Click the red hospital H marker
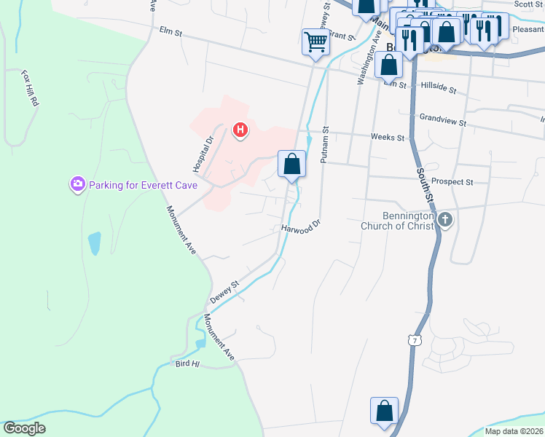(x=240, y=131)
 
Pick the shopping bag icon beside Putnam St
(x=291, y=164)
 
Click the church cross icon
(x=445, y=220)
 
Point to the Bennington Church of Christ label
(x=398, y=221)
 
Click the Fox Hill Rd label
(x=29, y=89)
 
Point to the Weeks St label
(x=387, y=137)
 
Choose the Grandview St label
(x=442, y=119)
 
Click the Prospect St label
(x=452, y=181)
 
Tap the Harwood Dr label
(x=301, y=228)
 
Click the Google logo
(x=24, y=428)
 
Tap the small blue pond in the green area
(x=94, y=243)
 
